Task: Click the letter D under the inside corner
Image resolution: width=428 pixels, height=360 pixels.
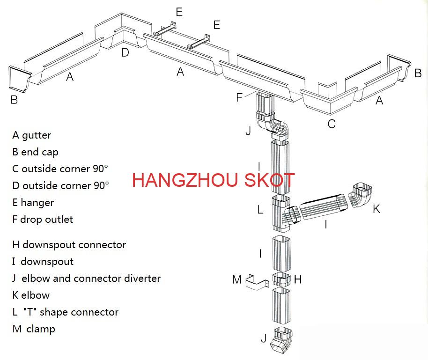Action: coord(125,52)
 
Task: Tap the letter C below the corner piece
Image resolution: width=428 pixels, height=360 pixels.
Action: coord(332,124)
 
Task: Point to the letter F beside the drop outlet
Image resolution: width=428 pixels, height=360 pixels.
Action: coord(240,97)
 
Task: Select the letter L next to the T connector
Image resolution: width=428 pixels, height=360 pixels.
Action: coord(260,210)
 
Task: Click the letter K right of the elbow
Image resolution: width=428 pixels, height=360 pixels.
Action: coord(376,209)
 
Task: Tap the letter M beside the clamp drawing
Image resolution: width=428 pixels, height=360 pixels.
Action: coord(237,280)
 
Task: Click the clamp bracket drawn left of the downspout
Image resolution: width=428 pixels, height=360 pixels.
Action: coord(257,282)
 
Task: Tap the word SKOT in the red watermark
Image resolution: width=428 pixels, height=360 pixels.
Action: coord(270,180)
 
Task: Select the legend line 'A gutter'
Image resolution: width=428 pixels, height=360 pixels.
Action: coord(32,135)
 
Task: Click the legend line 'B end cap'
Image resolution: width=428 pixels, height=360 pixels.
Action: coord(36,152)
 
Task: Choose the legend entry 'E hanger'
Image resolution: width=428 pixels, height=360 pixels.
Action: coord(33,203)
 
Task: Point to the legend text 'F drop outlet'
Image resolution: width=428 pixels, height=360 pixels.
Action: coord(43,220)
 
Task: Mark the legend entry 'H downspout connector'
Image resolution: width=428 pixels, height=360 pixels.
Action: coord(69,245)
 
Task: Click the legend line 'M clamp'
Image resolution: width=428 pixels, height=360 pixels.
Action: coord(34,329)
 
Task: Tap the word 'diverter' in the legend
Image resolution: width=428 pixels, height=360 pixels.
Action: coord(142,279)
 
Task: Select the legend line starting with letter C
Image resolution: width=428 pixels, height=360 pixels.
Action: coord(60,169)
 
